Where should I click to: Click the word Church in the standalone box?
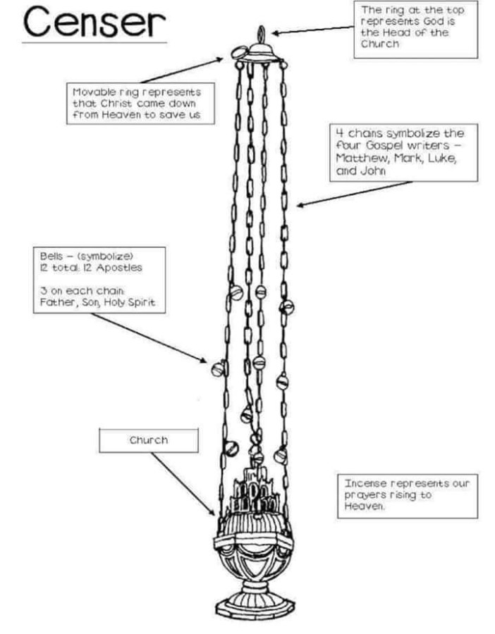149,440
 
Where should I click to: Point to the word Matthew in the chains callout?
357,158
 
